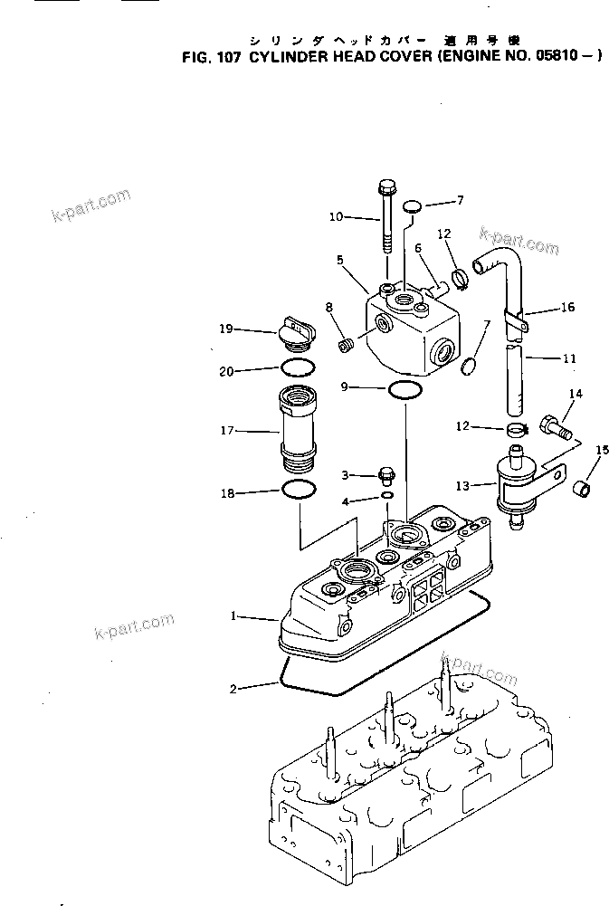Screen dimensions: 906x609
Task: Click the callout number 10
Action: pos(336,216)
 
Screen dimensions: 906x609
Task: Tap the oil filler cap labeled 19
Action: pos(298,335)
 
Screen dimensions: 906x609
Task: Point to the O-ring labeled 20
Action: pos(298,367)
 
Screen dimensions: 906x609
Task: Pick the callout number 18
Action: pos(228,493)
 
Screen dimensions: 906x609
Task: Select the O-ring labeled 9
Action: pos(404,389)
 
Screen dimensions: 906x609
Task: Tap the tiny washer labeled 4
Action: pos(387,497)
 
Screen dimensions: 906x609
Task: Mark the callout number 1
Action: pos(233,616)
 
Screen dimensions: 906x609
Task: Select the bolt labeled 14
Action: pos(553,423)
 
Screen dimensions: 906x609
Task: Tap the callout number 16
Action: pos(567,308)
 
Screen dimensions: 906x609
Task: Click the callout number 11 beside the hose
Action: pos(569,358)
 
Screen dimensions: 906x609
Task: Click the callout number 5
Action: pos(338,260)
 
